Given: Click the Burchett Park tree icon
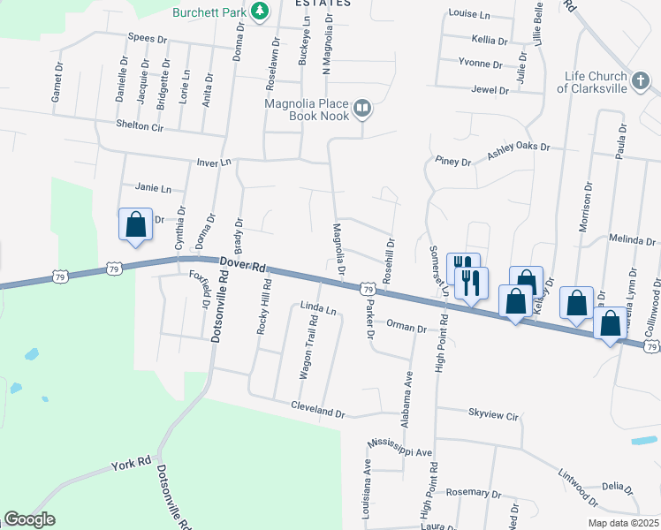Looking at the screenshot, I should pos(260,11).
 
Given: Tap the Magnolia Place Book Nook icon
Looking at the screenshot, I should pos(361,110).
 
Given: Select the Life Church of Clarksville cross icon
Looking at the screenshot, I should pos(641,83).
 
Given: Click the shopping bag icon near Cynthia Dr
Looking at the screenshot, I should pos(135,225).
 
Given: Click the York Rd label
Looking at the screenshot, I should pos(132,462).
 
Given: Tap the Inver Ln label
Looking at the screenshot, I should pos(213,163).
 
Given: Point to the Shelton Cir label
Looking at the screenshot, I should pos(141,126).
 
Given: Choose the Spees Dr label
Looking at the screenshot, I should pos(148,39).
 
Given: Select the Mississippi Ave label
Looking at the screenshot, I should pos(400,447).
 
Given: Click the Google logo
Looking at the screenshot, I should pos(29,519).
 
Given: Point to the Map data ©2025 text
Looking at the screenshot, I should pos(622,523).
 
